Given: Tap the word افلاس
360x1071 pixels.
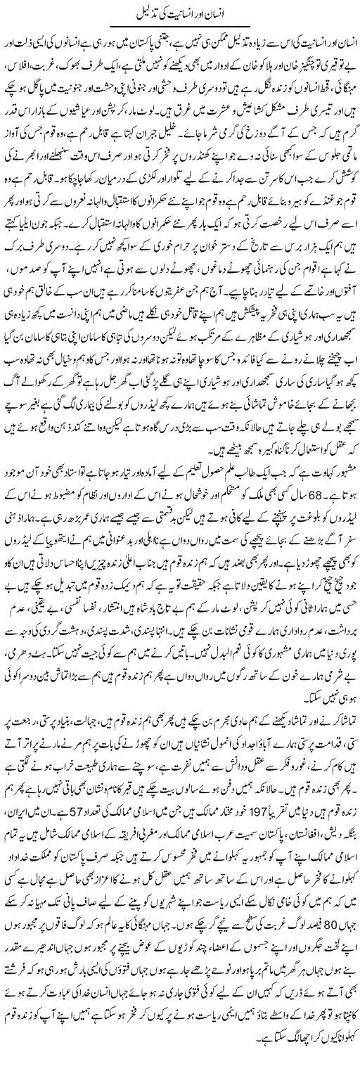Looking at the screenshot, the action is coord(22,53).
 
